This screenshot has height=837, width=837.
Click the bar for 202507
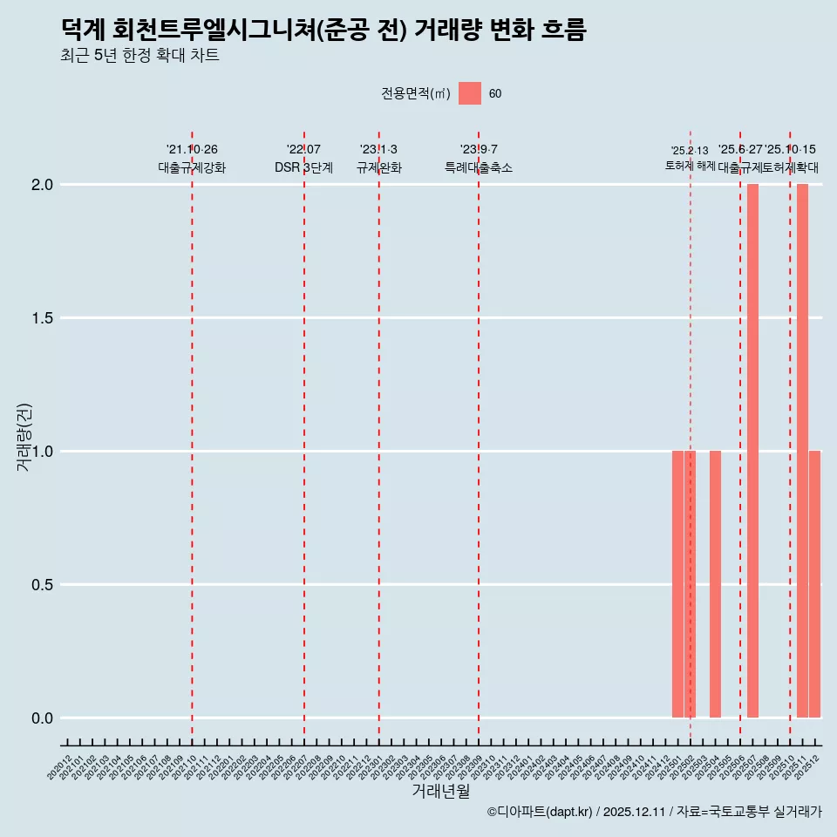[x=752, y=451]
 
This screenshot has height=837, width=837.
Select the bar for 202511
[x=802, y=451]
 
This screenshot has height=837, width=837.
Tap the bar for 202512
[x=814, y=584]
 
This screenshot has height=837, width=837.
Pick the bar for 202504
[x=715, y=584]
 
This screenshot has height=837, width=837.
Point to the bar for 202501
[x=677, y=584]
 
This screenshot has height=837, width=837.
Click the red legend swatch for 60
[x=470, y=93]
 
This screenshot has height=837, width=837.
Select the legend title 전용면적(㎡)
[x=416, y=94]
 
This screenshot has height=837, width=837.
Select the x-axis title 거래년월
[x=440, y=791]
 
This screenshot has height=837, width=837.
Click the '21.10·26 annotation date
[x=192, y=150]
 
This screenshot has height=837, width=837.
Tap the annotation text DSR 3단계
[x=303, y=167]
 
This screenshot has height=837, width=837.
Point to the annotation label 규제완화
[x=378, y=167]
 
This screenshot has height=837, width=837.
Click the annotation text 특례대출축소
[x=479, y=167]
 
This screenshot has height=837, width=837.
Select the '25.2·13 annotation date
[x=689, y=151]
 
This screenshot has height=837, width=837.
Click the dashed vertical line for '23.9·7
[x=479, y=436]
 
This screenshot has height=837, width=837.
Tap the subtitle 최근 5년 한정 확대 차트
[x=139, y=56]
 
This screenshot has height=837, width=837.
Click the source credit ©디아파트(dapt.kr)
[x=540, y=812]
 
